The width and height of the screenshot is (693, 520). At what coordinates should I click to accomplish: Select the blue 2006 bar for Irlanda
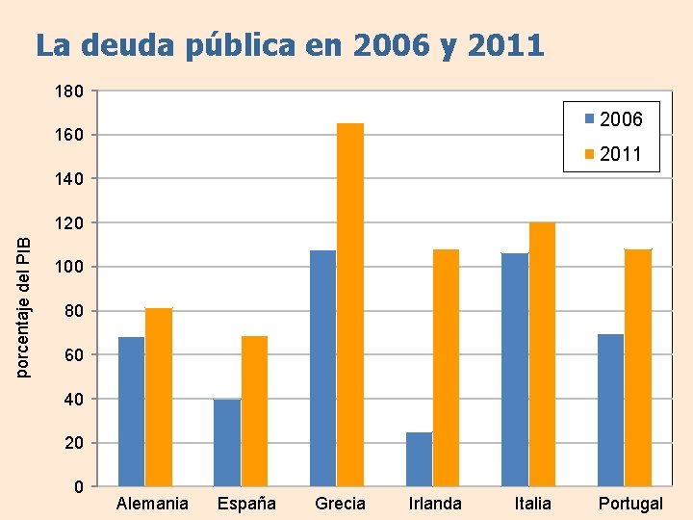[x=419, y=458]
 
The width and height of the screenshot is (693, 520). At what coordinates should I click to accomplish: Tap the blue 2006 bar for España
[x=227, y=442]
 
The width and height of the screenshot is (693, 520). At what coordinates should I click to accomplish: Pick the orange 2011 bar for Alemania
[x=159, y=397]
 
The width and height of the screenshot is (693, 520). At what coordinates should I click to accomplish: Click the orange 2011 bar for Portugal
[x=637, y=367]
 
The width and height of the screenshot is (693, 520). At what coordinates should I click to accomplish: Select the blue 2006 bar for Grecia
[x=323, y=368]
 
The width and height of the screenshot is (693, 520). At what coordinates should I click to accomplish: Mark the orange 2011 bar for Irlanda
[x=446, y=367]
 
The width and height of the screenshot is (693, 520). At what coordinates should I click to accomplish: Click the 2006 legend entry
[x=613, y=120]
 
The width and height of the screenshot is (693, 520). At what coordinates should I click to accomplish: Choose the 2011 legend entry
[x=613, y=154]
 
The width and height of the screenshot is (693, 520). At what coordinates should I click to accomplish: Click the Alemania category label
[x=152, y=504]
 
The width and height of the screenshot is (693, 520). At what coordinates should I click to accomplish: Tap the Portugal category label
[x=630, y=504]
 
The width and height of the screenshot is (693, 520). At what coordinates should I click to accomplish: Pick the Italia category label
[x=533, y=504]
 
